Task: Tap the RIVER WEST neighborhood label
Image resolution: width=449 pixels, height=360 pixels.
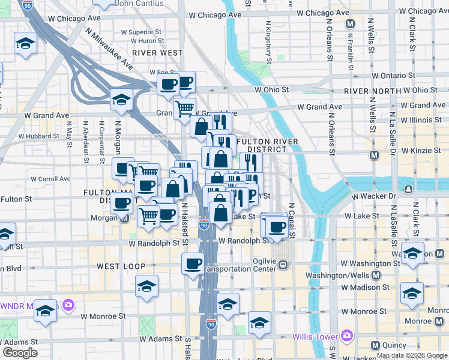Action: tap(157, 53)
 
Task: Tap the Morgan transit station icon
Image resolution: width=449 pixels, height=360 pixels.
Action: tap(125, 218)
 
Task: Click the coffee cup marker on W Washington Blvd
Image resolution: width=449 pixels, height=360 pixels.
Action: tap(193, 263)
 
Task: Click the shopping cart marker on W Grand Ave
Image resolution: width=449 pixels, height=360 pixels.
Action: tap(185, 109)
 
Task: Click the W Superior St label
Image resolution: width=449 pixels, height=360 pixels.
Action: tap(141, 32)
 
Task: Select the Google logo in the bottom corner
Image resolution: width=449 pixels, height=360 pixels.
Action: tap(20, 353)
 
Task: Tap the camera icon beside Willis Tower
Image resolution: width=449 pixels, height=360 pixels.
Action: tap(346, 335)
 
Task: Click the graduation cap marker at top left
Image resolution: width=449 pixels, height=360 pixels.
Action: tap(26, 43)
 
